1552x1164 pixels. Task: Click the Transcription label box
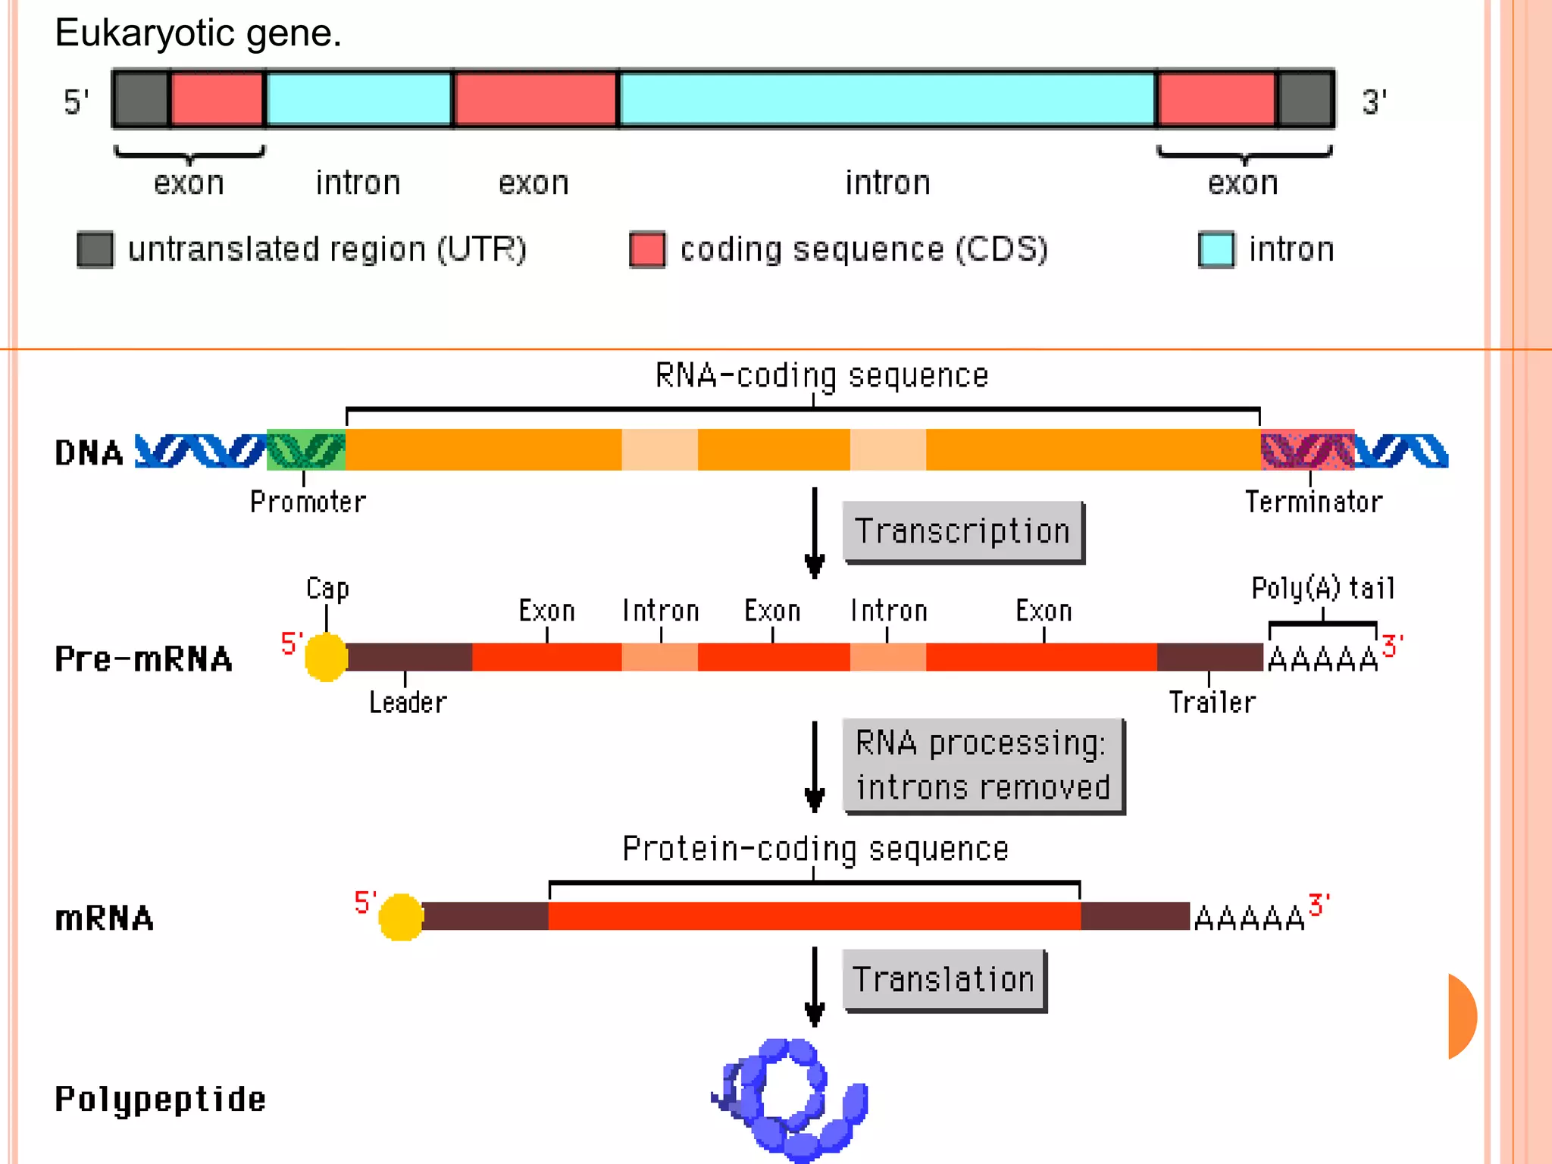[962, 531]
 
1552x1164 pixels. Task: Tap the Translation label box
[943, 979]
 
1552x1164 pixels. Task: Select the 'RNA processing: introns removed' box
[982, 765]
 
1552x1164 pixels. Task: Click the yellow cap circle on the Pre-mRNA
[326, 657]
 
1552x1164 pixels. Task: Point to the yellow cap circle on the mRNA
[400, 917]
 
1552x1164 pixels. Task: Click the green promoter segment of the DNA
[306, 450]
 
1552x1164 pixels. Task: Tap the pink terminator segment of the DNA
[1307, 450]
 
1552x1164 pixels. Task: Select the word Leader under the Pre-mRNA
[408, 702]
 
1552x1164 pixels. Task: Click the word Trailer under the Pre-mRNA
[1212, 702]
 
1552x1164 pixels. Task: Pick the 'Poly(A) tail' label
[1322, 588]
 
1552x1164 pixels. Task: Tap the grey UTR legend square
[95, 249]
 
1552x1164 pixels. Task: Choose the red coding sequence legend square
[647, 249]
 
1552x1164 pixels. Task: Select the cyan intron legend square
[1216, 249]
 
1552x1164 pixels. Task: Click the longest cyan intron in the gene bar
[887, 99]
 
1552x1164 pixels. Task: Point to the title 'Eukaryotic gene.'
[199, 33]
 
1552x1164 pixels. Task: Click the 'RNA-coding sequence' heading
[821, 376]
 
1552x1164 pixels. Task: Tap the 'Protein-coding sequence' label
[815, 849]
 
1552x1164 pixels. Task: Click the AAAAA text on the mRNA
[1249, 918]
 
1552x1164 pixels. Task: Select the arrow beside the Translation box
[815, 985]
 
